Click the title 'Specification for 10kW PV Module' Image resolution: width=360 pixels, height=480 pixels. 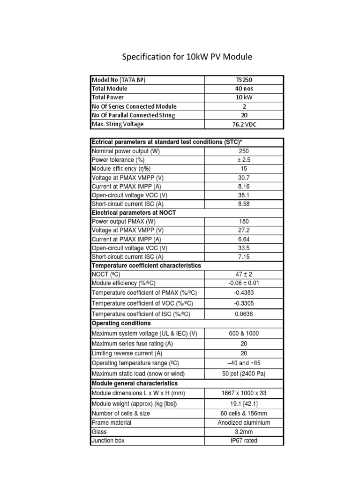[187, 57]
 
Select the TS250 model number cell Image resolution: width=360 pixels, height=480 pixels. [244, 80]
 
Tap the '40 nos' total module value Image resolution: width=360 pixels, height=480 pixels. [244, 89]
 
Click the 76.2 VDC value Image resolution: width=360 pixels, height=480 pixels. [244, 124]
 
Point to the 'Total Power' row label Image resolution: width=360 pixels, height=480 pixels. [108, 97]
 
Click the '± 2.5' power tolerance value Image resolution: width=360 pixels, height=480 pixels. [244, 160]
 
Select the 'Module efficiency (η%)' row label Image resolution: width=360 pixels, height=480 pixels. [121, 169]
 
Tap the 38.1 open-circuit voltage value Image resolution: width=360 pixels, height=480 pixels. [244, 195]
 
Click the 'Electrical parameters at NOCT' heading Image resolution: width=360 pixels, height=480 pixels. [134, 212]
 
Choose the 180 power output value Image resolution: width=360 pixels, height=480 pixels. [244, 221]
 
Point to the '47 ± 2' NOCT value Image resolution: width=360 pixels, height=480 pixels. [244, 274]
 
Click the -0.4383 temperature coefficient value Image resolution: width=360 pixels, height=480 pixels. [244, 292]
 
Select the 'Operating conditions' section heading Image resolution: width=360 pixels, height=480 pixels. [121, 323]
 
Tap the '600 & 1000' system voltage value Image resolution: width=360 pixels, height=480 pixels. [244, 334]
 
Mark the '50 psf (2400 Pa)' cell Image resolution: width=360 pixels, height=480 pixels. [244, 374]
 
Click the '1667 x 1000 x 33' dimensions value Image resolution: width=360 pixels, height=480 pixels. [244, 393]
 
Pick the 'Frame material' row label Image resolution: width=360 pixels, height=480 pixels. [112, 423]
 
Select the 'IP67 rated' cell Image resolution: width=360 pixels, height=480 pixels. [244, 441]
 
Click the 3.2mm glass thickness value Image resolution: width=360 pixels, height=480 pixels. [244, 432]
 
